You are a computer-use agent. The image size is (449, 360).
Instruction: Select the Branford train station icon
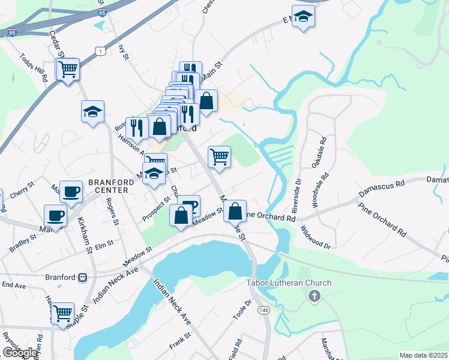point(82,277)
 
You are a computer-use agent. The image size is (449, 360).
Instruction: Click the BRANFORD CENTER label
point(108,186)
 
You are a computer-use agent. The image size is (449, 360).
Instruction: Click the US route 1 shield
point(100,52)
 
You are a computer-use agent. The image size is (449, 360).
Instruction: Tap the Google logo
point(20,352)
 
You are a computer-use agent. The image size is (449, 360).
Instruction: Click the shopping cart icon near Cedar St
point(68,70)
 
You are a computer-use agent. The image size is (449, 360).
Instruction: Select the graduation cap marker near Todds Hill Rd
point(92,112)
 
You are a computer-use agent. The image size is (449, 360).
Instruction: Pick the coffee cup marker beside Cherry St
point(71,192)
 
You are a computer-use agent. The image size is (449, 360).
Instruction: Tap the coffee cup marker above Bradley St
point(56,215)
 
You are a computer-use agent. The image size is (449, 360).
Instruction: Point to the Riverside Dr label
point(295,197)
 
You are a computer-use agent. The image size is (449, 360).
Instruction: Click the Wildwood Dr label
point(316,238)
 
